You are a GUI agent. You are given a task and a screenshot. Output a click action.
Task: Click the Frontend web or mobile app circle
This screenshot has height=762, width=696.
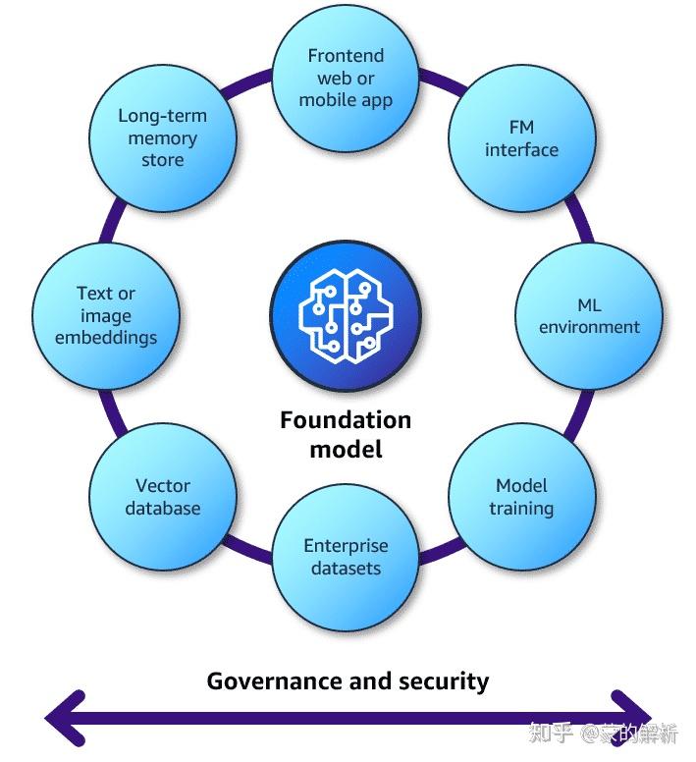(x=346, y=78)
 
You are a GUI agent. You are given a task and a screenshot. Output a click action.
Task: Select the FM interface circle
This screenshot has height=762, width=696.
(x=521, y=138)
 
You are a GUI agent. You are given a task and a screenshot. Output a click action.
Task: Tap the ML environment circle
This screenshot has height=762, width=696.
(x=588, y=316)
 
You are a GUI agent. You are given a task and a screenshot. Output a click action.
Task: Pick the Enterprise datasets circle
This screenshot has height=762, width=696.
(x=346, y=558)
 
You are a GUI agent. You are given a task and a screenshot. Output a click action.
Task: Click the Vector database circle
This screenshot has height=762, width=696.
(x=163, y=497)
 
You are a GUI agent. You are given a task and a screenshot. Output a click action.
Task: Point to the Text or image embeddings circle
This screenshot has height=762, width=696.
(x=105, y=316)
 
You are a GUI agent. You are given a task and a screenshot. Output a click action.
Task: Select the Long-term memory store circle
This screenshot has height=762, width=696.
(x=163, y=138)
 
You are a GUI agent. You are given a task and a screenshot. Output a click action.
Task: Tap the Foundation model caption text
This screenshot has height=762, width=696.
(x=346, y=434)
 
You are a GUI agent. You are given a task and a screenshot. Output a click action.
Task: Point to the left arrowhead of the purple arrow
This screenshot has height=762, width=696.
(x=64, y=719)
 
